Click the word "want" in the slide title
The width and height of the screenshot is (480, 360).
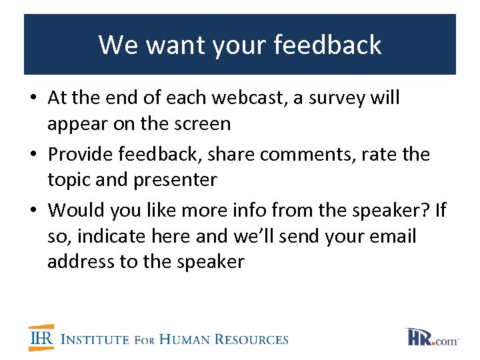(170, 45)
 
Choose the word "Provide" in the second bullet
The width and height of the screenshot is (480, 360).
(84, 154)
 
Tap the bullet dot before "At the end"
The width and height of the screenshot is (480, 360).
(33, 99)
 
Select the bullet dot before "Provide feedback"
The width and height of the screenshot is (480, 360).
(33, 155)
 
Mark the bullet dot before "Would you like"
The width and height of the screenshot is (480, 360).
(33, 211)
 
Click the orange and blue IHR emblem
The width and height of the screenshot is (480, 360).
(41, 338)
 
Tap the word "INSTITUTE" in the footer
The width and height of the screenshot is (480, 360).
(95, 339)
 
